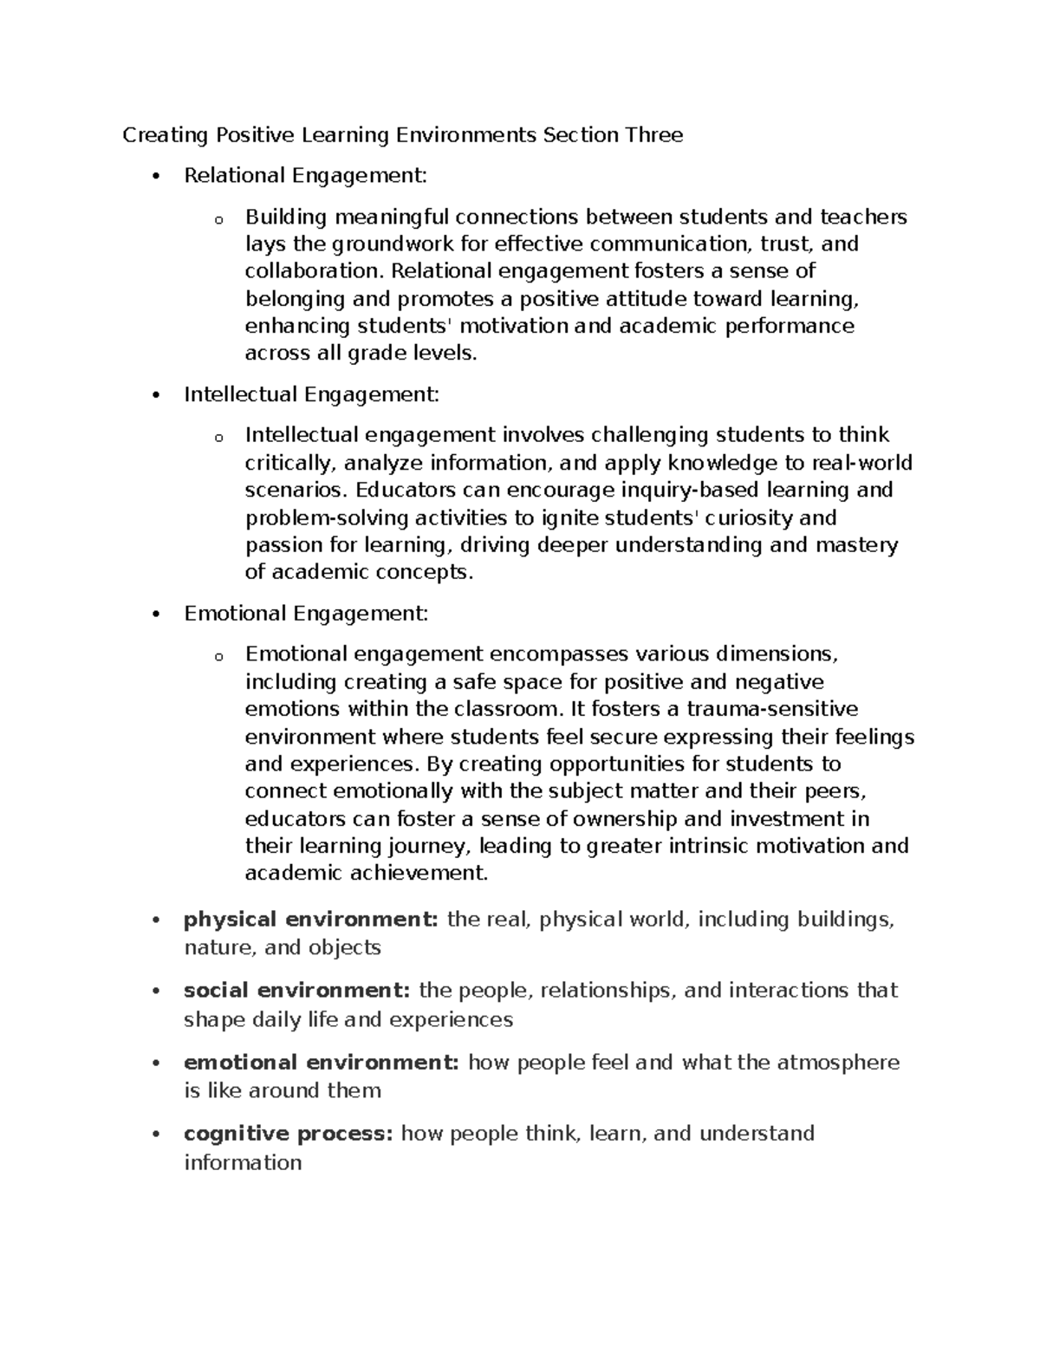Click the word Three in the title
tap(661, 134)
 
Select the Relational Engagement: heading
tap(305, 176)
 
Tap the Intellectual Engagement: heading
tap(311, 395)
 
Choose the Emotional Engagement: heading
tap(306, 614)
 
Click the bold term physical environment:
tap(311, 920)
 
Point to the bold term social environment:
tap(297, 990)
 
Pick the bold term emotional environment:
tap(322, 1063)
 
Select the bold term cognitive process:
tap(289, 1134)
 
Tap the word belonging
tap(295, 299)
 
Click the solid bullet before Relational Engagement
tap(156, 177)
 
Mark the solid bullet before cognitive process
tap(156, 1135)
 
